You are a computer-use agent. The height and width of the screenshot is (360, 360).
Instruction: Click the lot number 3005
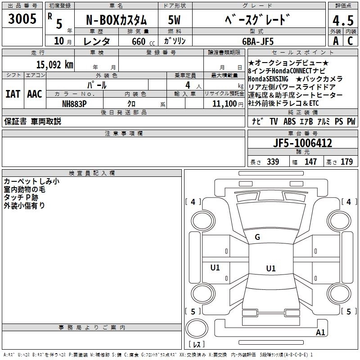(x=22, y=19)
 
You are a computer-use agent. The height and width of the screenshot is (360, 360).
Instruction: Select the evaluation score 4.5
(x=342, y=21)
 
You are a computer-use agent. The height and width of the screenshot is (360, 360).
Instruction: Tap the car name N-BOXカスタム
(x=116, y=21)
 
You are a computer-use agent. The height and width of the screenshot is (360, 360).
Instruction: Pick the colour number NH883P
(x=75, y=103)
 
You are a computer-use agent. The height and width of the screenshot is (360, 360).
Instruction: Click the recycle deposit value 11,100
(x=225, y=103)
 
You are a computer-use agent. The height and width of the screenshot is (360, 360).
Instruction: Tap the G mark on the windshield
(x=257, y=237)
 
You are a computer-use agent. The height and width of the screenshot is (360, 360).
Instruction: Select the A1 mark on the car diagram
(x=320, y=332)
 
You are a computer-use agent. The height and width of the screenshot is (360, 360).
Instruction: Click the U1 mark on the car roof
(x=270, y=268)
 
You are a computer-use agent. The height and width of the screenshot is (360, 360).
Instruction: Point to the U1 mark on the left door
(x=215, y=267)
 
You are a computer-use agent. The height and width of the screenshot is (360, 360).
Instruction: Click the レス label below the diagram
(x=197, y=344)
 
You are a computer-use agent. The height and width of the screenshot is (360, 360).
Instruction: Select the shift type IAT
(x=13, y=94)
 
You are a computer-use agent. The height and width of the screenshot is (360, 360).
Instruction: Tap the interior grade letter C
(x=350, y=41)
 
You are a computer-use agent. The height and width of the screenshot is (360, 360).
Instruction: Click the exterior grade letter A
(x=335, y=41)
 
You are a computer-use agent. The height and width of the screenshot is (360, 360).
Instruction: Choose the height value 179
(x=346, y=162)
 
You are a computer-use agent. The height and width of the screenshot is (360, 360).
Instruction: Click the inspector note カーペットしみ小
(x=31, y=181)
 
